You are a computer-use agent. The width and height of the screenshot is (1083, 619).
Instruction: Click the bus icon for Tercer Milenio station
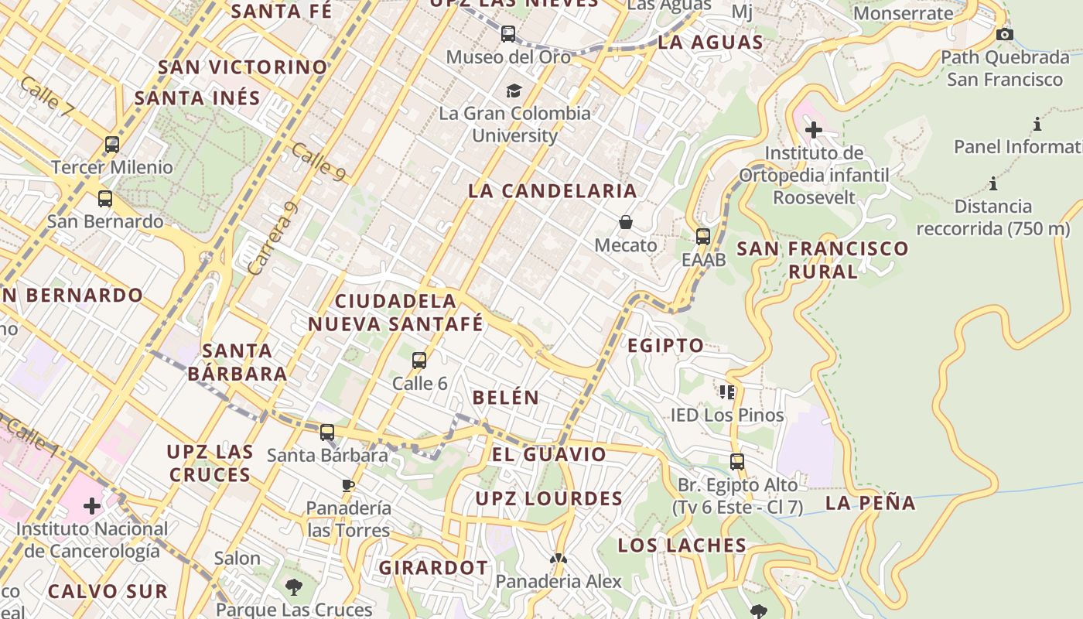(x=112, y=145)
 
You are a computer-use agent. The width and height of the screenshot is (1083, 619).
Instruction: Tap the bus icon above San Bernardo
(x=105, y=199)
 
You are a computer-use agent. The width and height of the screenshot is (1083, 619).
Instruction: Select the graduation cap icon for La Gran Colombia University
(x=514, y=91)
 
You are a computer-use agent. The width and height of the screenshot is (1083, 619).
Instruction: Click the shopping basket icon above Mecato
(x=626, y=223)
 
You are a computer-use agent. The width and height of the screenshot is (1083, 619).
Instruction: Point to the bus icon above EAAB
(x=703, y=237)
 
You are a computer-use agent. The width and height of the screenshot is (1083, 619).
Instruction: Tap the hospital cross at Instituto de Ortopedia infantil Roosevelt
(x=814, y=129)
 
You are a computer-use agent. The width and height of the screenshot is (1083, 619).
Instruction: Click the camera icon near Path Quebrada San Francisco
(x=1005, y=34)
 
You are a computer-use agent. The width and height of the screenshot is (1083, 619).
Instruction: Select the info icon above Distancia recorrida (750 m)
(x=993, y=184)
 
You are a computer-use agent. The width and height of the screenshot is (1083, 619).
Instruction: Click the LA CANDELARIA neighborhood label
(x=552, y=191)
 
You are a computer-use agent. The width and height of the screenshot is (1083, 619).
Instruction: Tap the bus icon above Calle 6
(x=419, y=360)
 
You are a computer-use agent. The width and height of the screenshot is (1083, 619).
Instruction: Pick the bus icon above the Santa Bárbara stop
(x=327, y=432)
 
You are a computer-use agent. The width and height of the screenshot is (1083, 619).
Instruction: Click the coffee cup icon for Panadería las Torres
(x=348, y=485)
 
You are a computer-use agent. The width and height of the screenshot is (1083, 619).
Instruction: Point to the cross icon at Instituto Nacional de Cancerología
(x=92, y=507)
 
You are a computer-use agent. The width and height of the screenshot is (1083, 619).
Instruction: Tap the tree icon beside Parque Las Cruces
(x=293, y=587)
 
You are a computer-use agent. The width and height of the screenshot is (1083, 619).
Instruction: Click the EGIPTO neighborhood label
(x=665, y=346)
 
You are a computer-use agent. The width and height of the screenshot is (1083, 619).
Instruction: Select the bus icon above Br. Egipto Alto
(x=737, y=462)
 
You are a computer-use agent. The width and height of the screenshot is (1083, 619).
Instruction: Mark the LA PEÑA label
(x=870, y=503)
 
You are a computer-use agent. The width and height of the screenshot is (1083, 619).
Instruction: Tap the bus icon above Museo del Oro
(x=508, y=34)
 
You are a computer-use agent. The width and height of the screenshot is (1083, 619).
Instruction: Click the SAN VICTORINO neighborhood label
(x=243, y=67)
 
